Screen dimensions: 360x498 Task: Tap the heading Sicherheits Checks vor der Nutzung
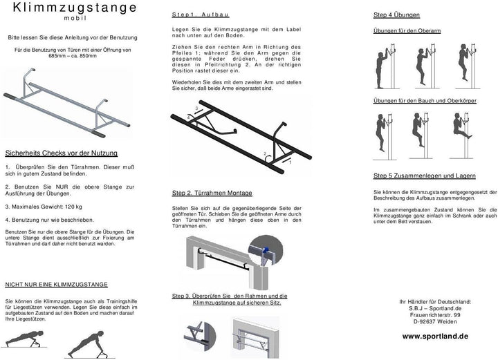[61, 153]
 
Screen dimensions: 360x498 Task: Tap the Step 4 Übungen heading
[398, 15]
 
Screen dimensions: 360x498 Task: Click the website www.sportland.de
[435, 335]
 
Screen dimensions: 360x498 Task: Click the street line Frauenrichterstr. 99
[435, 314]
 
